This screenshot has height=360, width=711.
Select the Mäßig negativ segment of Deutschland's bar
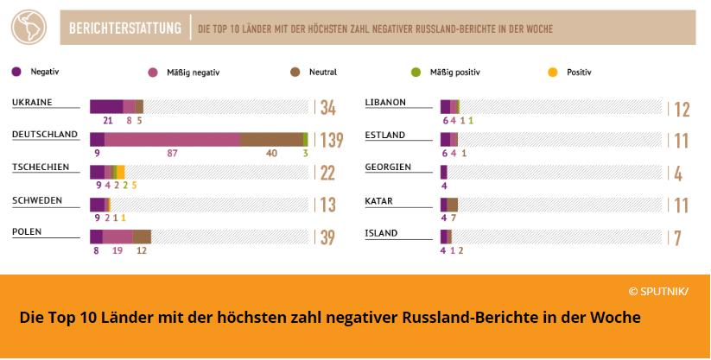[172, 139]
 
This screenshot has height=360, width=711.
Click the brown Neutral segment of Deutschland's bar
[271, 139]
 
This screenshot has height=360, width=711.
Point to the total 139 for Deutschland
[332, 140]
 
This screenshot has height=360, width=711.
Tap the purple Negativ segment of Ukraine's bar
[106, 106]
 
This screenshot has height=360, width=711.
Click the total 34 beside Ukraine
[327, 108]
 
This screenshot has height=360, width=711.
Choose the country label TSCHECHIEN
[41, 167]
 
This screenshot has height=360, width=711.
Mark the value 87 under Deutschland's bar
[173, 154]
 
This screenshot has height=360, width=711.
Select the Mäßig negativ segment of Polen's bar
[117, 237]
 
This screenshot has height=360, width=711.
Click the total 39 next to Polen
[327, 237]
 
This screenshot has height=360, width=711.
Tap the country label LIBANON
[385, 102]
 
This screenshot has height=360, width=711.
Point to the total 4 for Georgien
[678, 173]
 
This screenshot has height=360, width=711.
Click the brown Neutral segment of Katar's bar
[453, 205]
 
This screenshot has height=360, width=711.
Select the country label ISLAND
[381, 232]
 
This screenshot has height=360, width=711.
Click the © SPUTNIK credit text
[658, 291]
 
